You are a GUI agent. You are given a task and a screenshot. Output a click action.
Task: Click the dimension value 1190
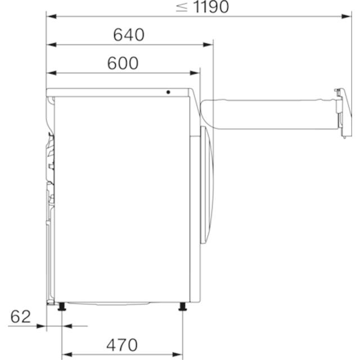point(211,6)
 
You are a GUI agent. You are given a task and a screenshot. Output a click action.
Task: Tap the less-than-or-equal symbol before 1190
point(182,7)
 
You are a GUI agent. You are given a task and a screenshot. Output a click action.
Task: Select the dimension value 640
point(129,35)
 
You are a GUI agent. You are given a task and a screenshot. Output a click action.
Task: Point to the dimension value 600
point(123,63)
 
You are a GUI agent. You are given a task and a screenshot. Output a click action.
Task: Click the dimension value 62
point(20,317)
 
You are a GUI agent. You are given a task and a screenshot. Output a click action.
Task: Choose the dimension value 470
point(122,345)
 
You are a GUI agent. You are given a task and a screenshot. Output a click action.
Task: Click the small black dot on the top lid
point(168,92)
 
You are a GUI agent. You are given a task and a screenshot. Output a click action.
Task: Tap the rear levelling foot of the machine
point(62,307)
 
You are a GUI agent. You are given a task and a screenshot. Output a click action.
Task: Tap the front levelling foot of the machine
point(182,307)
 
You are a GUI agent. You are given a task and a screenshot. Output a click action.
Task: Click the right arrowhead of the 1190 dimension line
point(346,16)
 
